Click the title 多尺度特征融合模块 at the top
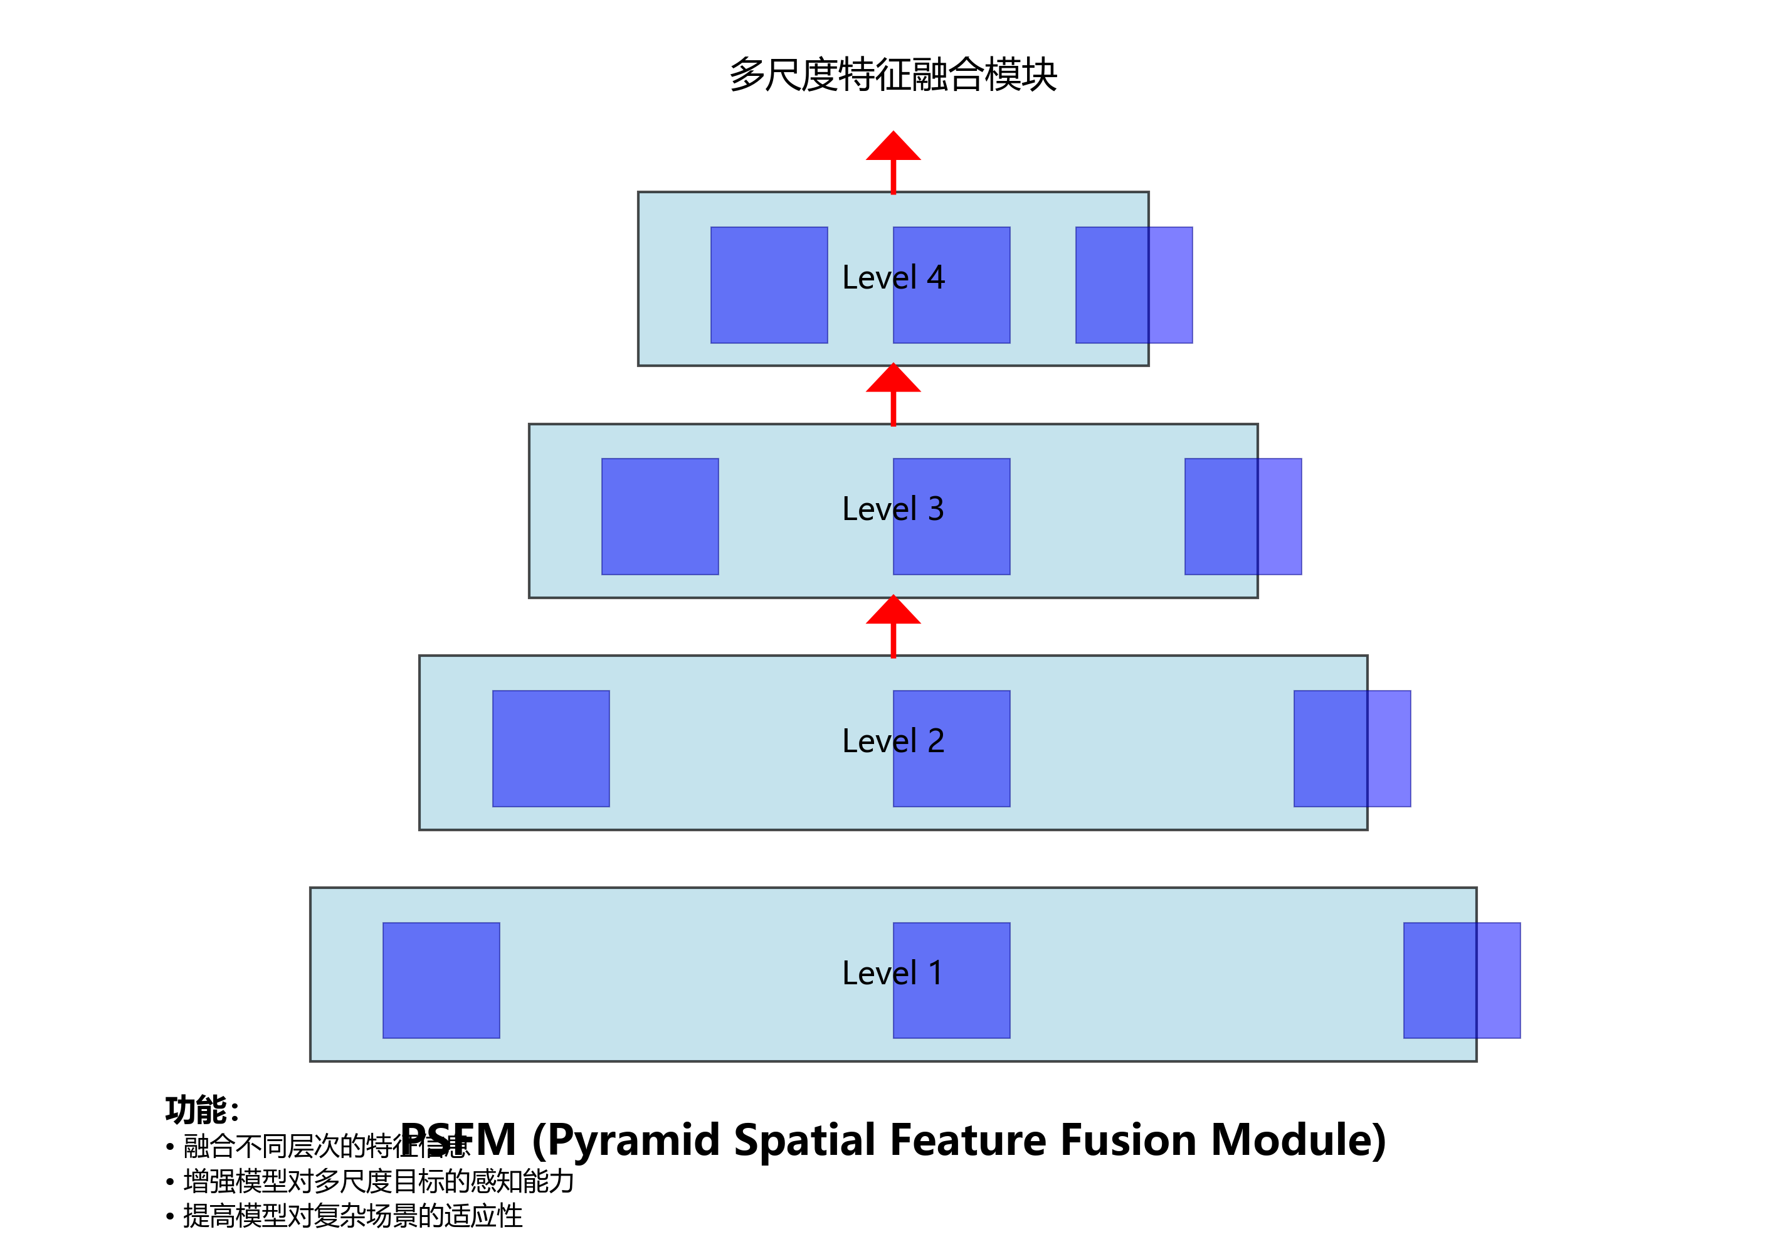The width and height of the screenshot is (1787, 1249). click(x=893, y=75)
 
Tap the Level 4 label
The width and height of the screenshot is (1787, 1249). click(x=893, y=277)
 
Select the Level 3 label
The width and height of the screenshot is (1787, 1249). click(x=893, y=509)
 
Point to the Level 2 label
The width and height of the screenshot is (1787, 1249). click(x=893, y=740)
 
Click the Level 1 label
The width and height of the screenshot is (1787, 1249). click(x=893, y=972)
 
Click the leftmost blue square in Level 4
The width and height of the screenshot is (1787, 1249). click(x=769, y=285)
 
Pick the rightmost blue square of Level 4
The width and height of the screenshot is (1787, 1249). click(x=1134, y=285)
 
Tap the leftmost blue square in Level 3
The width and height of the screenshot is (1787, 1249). click(x=660, y=516)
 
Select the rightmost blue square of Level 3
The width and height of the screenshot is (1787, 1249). click(x=1243, y=516)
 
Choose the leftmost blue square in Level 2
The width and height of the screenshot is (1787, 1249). click(x=551, y=748)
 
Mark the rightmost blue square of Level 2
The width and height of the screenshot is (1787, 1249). click(x=1352, y=748)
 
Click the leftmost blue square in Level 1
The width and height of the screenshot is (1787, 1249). click(x=441, y=981)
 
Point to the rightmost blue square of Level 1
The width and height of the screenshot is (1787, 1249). click(x=1462, y=981)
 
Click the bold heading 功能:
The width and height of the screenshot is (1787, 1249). click(x=201, y=1110)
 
